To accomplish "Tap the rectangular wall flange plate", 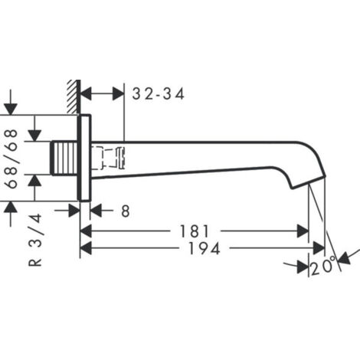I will (x=86, y=158).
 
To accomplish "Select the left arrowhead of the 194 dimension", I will (x=87, y=248).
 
